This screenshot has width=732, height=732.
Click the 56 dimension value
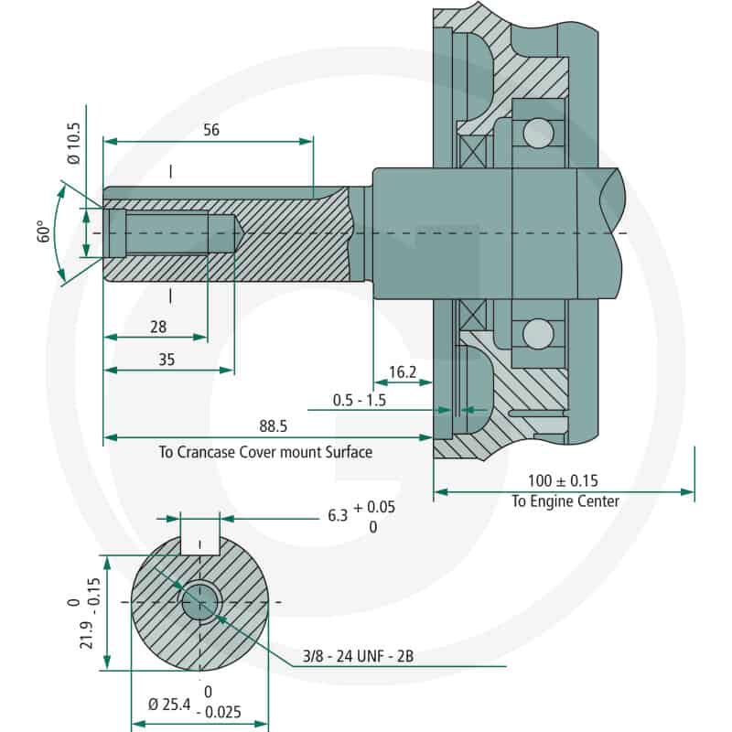[x=211, y=129]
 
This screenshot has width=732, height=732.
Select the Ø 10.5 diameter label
[x=74, y=144]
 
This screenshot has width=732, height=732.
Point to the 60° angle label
[x=43, y=231]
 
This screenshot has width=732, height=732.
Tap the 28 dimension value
[x=158, y=327]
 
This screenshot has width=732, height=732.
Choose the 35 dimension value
[x=167, y=360]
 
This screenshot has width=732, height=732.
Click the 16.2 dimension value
[x=403, y=372]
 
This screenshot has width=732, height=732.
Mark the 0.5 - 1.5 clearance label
[x=360, y=400]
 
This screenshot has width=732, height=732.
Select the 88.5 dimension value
[x=273, y=425]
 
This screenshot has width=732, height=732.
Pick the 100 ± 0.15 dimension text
[x=563, y=480]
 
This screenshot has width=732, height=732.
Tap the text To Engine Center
[x=565, y=501]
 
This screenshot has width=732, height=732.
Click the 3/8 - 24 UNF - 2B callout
[x=358, y=656]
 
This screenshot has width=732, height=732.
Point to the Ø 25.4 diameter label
[x=169, y=704]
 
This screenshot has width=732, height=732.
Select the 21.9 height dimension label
[x=87, y=635]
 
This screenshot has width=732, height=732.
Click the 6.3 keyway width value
[x=338, y=515]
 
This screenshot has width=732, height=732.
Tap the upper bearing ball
[x=538, y=133]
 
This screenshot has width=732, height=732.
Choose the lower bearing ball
[x=538, y=334]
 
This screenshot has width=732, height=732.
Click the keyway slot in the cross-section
[x=199, y=545]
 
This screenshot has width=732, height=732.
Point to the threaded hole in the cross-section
[x=199, y=602]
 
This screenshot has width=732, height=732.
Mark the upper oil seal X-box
[x=472, y=152]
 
